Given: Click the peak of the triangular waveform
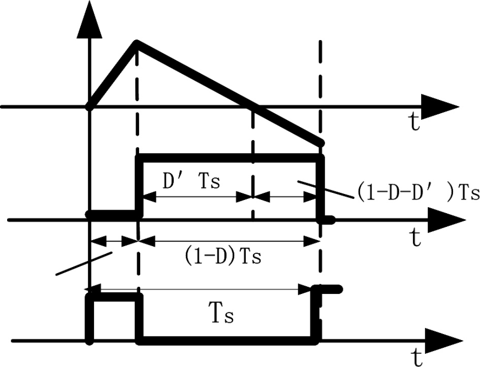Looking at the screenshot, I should click(x=136, y=43).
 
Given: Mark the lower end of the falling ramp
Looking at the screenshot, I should click(x=320, y=143).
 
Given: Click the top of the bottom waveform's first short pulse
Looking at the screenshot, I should click(x=113, y=298).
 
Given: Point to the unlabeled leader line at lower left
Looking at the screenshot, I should click(x=84, y=264).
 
